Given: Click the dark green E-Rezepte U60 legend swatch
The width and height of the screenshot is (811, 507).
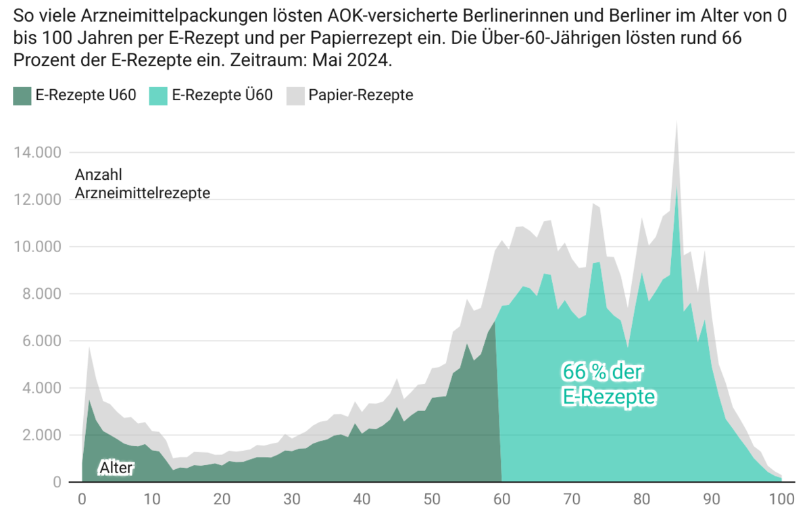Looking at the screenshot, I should [x=22, y=95].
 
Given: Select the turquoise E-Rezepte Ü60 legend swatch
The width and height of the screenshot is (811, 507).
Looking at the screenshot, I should [x=159, y=95].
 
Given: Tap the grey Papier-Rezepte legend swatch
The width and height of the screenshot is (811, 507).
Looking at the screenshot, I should [x=296, y=95].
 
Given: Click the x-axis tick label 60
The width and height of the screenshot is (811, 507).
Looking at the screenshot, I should [x=501, y=499].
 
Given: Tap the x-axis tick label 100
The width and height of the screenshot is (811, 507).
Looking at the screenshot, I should [x=781, y=499].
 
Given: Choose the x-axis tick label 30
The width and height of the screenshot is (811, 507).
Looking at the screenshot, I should [x=291, y=499].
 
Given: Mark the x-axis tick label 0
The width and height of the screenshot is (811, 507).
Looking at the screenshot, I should [x=82, y=499].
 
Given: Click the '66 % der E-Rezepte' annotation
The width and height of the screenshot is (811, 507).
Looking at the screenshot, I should [x=609, y=384].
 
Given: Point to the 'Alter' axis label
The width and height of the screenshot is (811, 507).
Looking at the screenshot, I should [x=117, y=467].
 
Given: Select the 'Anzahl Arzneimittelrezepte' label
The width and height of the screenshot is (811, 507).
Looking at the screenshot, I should [x=142, y=184].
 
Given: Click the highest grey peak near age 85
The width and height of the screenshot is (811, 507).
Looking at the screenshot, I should [x=677, y=122].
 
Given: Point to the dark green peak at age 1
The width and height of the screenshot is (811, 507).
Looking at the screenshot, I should [x=89, y=400].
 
